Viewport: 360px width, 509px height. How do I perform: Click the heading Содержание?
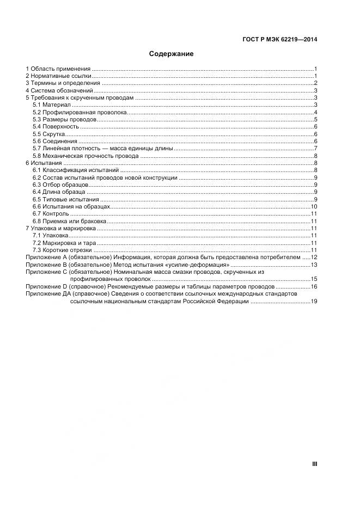point(171,54)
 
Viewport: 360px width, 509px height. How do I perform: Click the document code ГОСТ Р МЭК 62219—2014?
point(279,39)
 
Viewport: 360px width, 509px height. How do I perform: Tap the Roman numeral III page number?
point(314,464)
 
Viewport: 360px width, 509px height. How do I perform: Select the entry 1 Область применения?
point(58,69)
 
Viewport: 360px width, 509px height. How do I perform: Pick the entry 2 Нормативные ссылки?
point(59,76)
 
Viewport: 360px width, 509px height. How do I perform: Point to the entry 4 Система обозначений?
point(60,90)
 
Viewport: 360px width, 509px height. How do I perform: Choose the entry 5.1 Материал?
point(48,105)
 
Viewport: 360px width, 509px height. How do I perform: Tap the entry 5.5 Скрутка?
point(48,134)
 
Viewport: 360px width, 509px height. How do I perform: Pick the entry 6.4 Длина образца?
point(58,192)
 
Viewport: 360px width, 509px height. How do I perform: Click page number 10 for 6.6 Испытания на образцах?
point(314,207)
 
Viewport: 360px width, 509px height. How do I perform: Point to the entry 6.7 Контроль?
point(50,214)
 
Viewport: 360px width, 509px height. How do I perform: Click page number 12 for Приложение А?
point(314,257)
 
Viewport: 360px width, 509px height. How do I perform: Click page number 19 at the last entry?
point(314,301)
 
